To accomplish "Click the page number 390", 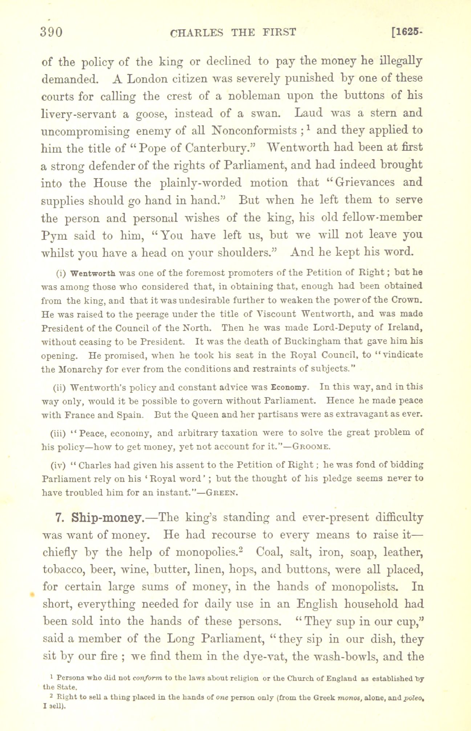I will click(x=52, y=33).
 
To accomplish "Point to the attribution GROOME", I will click(x=311, y=447).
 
